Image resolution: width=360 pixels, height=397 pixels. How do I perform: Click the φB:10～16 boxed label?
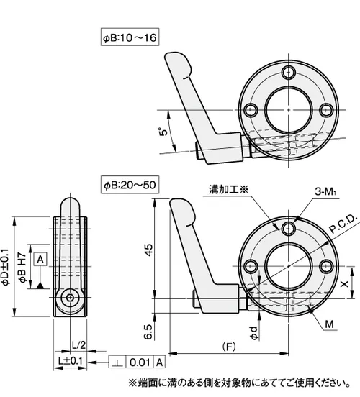pos(130,37)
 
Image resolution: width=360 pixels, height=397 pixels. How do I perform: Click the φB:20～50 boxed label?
pos(130,185)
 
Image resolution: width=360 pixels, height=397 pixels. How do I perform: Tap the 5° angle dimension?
pos(163,132)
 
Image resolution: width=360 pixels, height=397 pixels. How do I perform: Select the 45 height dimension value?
pos(149,250)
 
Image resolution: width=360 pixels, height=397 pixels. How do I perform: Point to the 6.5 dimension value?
pos(148,332)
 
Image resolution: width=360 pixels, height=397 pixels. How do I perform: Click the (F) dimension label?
pos(229,347)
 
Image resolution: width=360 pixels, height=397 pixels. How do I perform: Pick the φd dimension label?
pos(253,333)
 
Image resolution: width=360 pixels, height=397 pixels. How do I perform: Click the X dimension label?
pos(344,284)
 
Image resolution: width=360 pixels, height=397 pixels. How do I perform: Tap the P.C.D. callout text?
pos(343,224)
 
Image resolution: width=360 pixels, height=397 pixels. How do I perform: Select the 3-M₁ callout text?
pos(325,191)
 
